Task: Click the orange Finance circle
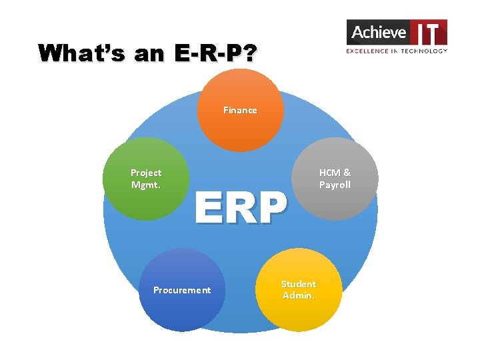click(x=240, y=123)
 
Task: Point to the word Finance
click(x=240, y=111)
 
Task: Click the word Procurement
click(x=181, y=290)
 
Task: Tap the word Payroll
click(x=335, y=185)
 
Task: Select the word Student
click(x=299, y=284)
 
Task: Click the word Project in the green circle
click(x=146, y=173)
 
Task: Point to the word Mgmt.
click(x=146, y=185)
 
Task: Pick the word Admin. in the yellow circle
click(x=299, y=295)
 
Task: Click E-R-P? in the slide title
click(x=212, y=53)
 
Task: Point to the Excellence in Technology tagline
click(x=397, y=51)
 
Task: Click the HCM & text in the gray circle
click(x=335, y=173)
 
